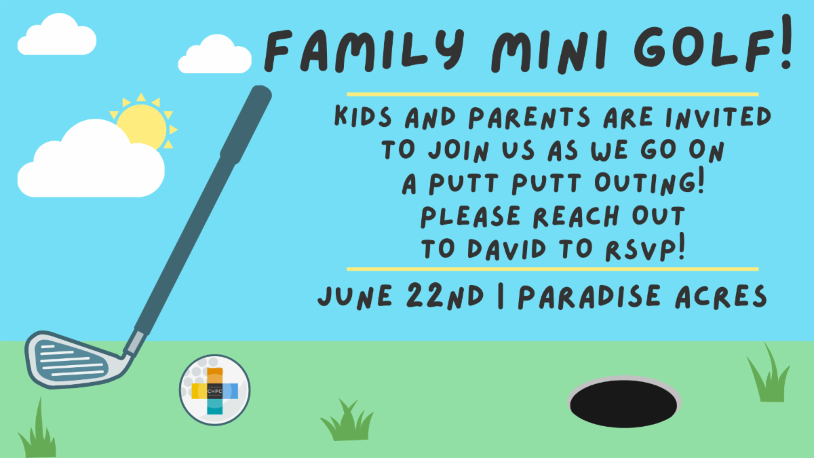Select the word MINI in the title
549,51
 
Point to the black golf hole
623,404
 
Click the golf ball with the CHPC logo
215,390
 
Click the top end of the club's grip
260,91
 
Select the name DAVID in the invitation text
507,249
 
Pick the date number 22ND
445,296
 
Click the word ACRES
721,297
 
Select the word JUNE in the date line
355,297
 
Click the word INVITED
718,117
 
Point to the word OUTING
649,182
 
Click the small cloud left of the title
215,54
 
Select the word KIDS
363,116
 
